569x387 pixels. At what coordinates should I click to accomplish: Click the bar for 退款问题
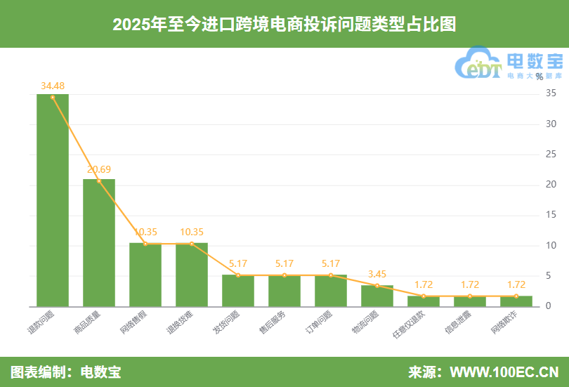coord(53,200)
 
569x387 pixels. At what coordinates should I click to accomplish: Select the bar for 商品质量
coord(99,243)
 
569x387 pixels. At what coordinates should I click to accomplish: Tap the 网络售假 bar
coord(145,275)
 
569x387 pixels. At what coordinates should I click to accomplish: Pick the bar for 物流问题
coord(377,296)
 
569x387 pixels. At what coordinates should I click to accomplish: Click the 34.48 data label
coord(53,86)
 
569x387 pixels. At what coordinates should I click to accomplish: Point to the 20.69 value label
coord(99,169)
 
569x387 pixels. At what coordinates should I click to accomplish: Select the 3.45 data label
coord(377,274)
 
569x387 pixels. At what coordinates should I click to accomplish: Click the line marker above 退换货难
coord(192,244)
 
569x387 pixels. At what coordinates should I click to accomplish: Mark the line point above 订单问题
coord(331,275)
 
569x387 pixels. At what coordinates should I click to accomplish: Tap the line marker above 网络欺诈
coord(516,296)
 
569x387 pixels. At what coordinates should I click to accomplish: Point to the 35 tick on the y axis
coord(551,93)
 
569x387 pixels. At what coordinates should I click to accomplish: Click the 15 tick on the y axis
coord(551,215)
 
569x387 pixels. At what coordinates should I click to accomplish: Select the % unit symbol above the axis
coord(539,77)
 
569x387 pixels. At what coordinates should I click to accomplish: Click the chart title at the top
coord(284,25)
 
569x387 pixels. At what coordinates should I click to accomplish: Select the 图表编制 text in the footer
coord(39,372)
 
